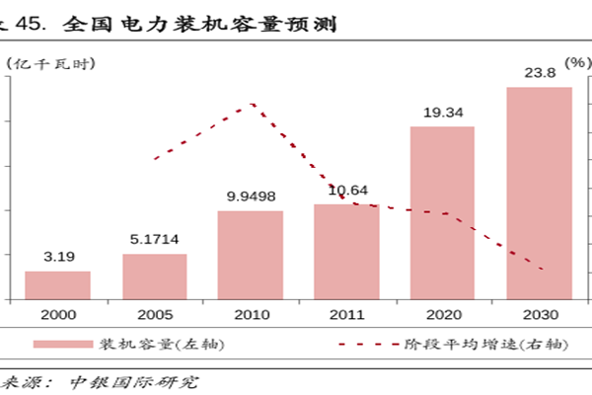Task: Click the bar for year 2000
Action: coord(57,284)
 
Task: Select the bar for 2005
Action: coord(154,276)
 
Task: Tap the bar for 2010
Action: coord(250,255)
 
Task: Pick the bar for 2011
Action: coord(346,252)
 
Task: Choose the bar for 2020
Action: coord(442,212)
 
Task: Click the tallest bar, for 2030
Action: coord(539,193)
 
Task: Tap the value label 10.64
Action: coord(348,191)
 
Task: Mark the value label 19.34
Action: coord(443,114)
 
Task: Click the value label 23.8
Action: coord(539,71)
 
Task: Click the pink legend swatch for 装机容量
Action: coord(62,345)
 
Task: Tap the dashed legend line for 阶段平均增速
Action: coord(365,345)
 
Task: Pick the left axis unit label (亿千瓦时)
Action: coord(49,63)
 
